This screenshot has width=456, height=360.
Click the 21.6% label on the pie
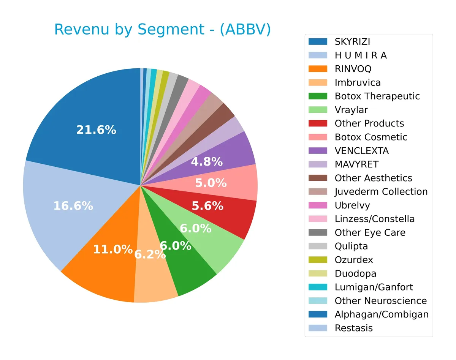(96, 130)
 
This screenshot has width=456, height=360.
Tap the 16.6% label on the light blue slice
(73, 206)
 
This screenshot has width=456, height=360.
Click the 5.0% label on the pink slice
(211, 183)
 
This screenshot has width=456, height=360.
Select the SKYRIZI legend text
(352, 41)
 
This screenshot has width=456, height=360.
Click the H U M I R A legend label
(361, 55)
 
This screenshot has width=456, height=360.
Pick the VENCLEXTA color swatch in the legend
(318, 151)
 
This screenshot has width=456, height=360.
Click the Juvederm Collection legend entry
(381, 192)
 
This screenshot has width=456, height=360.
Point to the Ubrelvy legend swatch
(318, 205)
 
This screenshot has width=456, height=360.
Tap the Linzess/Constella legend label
(374, 219)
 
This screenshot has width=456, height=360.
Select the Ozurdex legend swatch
(318, 260)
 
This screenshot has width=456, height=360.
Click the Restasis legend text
(353, 328)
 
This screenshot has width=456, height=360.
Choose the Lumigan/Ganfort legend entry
(374, 287)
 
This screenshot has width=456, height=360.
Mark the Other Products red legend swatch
(318, 123)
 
